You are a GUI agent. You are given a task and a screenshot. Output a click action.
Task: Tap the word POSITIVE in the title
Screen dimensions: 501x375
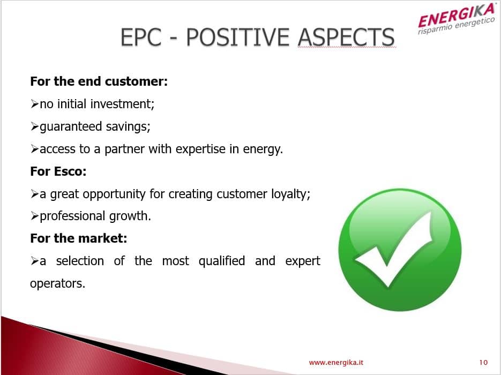238,37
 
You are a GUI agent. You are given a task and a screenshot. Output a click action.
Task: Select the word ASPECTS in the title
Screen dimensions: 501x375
346,37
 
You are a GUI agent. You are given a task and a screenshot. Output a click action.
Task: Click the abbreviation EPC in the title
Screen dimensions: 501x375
141,37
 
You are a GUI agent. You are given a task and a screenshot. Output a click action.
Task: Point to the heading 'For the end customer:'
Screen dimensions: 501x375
99,81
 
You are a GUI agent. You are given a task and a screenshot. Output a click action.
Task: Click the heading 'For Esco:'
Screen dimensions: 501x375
58,171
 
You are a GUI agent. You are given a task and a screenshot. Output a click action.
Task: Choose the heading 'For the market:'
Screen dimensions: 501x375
79,238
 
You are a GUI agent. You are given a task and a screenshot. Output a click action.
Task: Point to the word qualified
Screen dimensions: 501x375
222,261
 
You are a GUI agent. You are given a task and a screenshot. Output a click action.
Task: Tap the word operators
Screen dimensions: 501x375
57,283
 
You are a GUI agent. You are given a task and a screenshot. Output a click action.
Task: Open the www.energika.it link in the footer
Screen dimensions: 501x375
336,363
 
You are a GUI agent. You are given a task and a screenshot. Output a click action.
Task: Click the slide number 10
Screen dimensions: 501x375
483,363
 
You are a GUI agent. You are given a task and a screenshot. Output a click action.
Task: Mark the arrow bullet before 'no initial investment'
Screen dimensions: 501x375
34,104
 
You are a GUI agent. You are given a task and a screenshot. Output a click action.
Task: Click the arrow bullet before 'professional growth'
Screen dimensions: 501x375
34,216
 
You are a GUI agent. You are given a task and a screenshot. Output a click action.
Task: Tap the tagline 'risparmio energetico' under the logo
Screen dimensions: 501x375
457,25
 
